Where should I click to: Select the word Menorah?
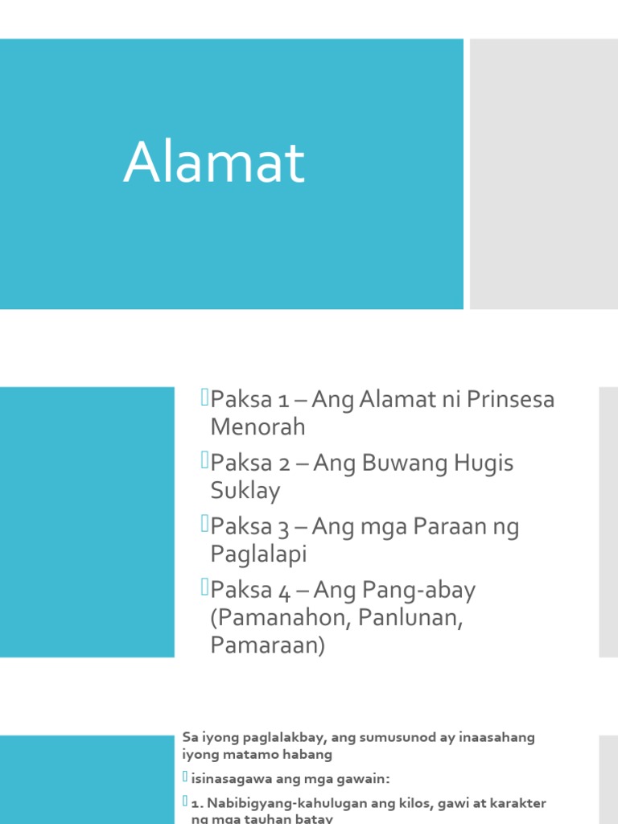tap(257, 426)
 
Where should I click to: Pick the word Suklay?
tap(245, 490)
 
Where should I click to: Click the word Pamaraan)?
tap(267, 645)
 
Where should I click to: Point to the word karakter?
tap(518, 804)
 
